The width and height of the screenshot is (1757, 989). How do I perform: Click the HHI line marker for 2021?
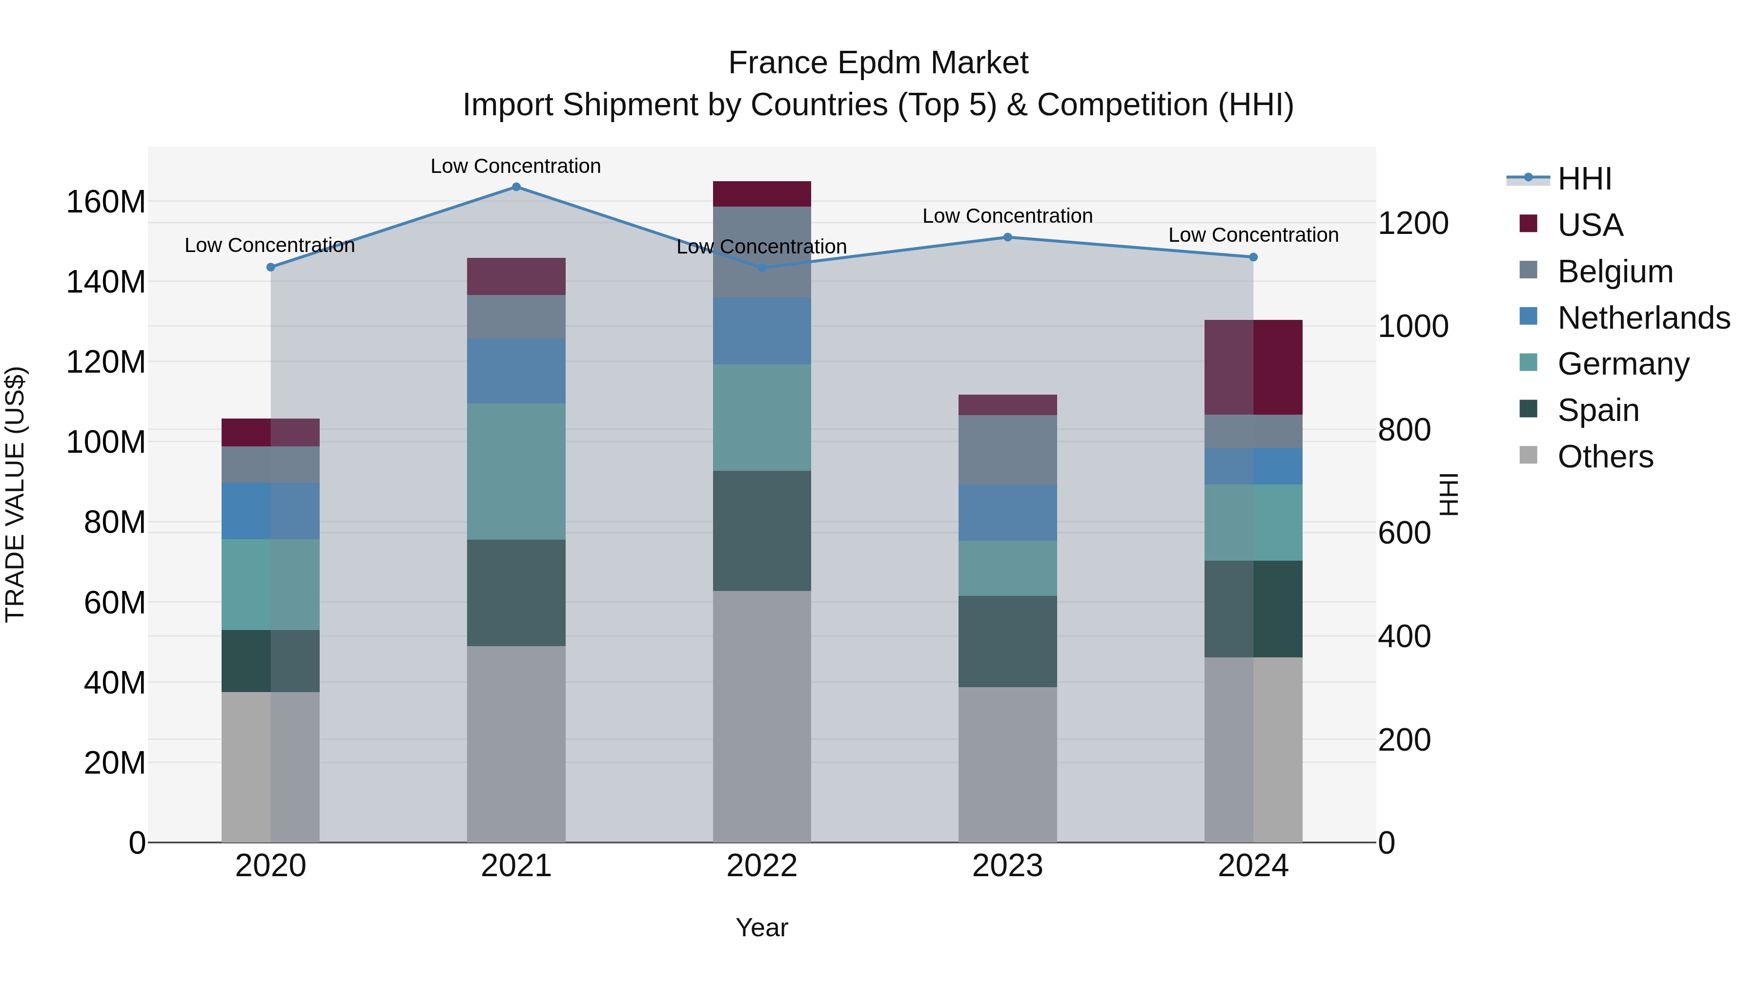(516, 187)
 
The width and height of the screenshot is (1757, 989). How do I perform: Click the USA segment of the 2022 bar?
(762, 194)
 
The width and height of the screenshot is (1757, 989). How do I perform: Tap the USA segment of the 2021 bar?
(516, 276)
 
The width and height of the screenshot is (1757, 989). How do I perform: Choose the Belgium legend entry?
(1615, 272)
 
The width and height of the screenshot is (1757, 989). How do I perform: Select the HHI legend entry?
(1584, 179)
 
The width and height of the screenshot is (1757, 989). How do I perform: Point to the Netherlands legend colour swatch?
(1529, 316)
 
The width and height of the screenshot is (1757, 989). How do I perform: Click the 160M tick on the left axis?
(106, 202)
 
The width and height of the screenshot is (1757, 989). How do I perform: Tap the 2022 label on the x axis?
(762, 866)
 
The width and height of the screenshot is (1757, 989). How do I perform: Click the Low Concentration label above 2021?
(516, 166)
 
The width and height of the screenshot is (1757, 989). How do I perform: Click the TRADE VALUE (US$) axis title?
(15, 494)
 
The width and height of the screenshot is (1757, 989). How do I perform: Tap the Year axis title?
(762, 927)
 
